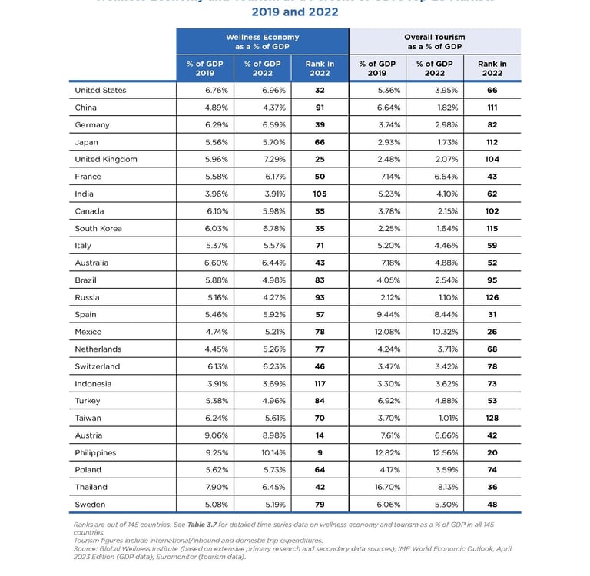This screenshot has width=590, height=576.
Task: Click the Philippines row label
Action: click(95, 452)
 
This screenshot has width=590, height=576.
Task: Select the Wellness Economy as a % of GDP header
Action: click(262, 41)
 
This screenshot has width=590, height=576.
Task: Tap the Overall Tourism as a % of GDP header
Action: click(434, 41)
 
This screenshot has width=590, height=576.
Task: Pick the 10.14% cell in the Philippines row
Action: click(262, 452)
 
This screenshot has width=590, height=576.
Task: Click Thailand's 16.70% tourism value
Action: click(377, 487)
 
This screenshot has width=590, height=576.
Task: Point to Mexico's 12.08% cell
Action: click(377, 332)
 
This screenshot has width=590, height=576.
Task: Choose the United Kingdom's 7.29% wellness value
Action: click(262, 159)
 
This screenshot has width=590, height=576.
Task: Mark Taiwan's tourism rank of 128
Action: click(492, 418)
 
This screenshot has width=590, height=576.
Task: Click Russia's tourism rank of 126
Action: click(492, 297)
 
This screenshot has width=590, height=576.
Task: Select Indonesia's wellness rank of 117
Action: click(320, 383)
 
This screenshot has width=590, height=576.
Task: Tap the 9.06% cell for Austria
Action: click(204, 435)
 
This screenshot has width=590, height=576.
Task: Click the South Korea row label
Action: click(98, 228)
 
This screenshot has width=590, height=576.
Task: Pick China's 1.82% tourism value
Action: click(435, 108)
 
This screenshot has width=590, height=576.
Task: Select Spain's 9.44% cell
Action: click(377, 315)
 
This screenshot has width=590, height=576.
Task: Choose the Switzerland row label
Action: click(98, 366)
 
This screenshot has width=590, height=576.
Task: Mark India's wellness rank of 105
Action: click(320, 194)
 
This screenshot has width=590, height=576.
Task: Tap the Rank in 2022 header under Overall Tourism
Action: click(492, 68)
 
